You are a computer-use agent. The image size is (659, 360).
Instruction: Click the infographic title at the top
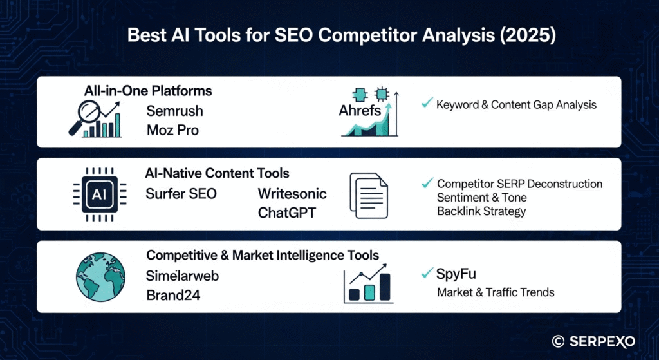(x=341, y=35)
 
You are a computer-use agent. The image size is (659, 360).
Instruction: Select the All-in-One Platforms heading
(x=148, y=91)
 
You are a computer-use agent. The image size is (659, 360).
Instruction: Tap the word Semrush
(x=175, y=111)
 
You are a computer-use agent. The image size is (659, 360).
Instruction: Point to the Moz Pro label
(x=172, y=130)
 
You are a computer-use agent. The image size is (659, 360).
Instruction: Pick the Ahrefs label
(x=360, y=111)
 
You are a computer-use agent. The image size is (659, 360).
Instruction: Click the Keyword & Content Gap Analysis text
(x=516, y=105)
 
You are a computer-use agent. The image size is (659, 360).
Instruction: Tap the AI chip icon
(x=100, y=194)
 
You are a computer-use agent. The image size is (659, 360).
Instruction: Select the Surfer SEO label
(x=181, y=193)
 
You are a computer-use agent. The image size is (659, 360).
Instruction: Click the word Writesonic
(x=292, y=193)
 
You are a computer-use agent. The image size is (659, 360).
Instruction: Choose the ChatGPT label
(x=286, y=213)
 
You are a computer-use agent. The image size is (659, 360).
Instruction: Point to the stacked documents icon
(x=369, y=196)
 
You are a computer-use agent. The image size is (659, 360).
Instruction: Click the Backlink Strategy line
(x=481, y=211)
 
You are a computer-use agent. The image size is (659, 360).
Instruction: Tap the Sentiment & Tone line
(x=481, y=197)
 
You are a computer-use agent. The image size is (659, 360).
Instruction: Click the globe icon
(x=101, y=277)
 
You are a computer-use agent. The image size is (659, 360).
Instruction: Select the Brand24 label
(x=173, y=295)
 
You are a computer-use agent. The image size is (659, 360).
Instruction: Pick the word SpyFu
(x=456, y=274)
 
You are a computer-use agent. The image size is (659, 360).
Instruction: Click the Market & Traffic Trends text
(x=496, y=292)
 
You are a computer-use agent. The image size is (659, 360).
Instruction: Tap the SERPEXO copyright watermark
(x=593, y=341)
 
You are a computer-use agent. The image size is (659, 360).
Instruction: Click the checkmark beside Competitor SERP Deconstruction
(x=427, y=183)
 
